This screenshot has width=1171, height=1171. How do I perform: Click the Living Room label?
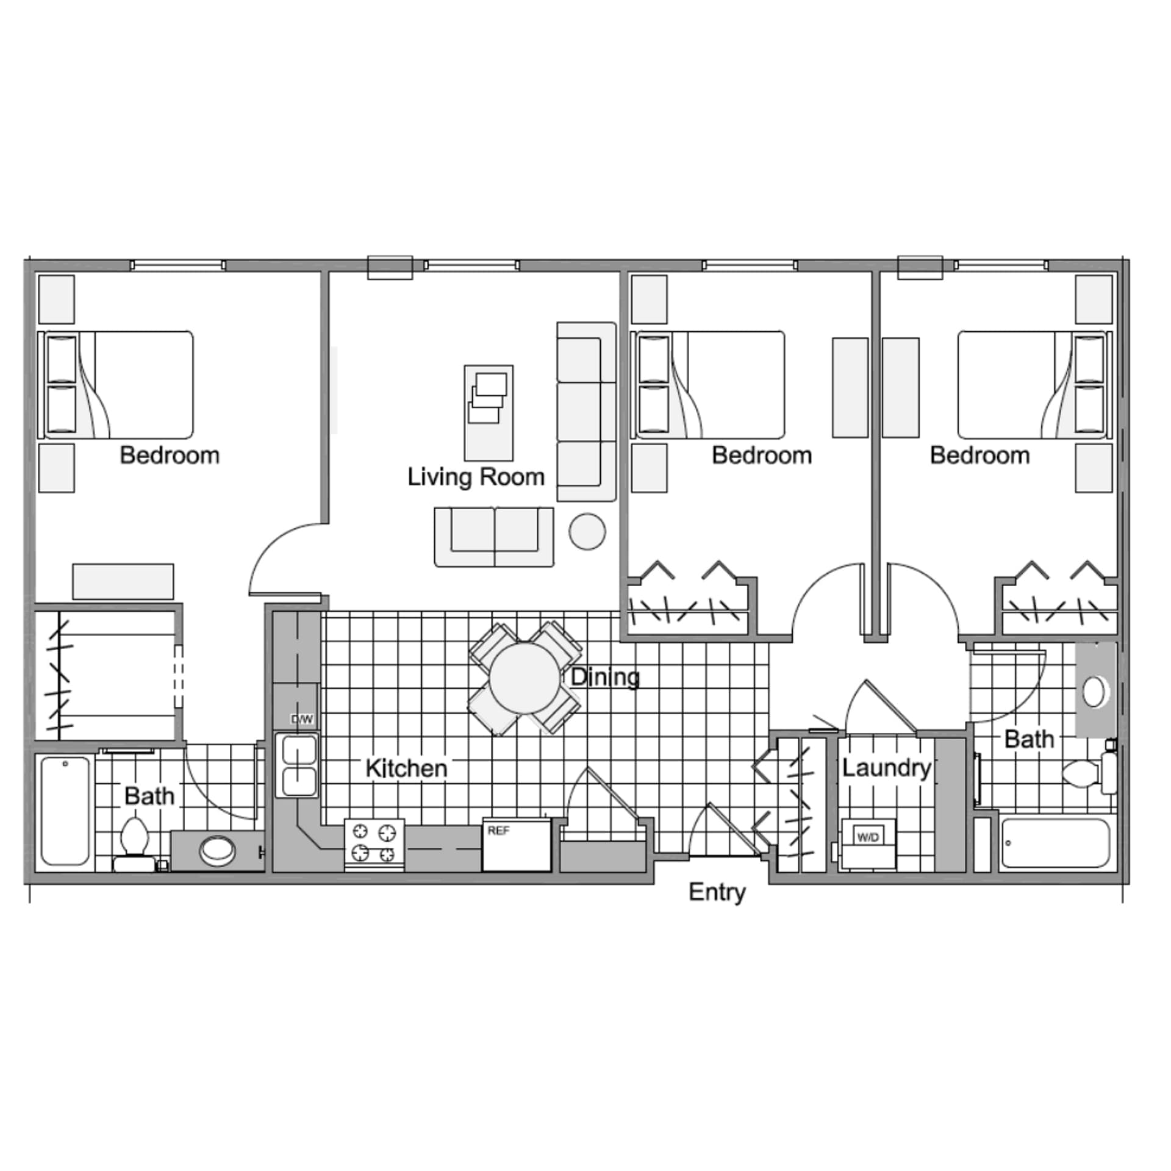pyautogui.click(x=476, y=477)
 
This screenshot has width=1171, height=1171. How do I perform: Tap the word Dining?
pyautogui.click(x=605, y=677)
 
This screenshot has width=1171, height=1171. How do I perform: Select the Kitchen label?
pyautogui.click(x=406, y=768)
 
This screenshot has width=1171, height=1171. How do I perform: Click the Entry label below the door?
pyautogui.click(x=717, y=892)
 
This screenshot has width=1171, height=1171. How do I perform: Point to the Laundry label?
pyautogui.click(x=886, y=768)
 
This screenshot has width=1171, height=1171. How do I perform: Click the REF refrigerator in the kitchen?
pyautogui.click(x=517, y=845)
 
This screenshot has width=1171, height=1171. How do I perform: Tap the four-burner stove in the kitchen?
pyautogui.click(x=374, y=843)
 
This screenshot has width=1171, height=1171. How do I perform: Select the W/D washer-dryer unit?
pyautogui.click(x=868, y=842)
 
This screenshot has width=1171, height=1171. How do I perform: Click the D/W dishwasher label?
pyautogui.click(x=302, y=720)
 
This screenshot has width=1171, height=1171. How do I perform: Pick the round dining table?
pyautogui.click(x=525, y=678)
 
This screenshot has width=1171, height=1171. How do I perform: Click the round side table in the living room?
pyautogui.click(x=587, y=531)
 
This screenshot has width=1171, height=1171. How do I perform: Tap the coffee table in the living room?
pyautogui.click(x=489, y=413)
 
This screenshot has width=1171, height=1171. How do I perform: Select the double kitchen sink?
pyautogui.click(x=296, y=765)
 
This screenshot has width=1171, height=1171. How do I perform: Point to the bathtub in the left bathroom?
pyautogui.click(x=65, y=811)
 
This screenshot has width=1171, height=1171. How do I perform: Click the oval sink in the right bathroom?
pyautogui.click(x=1095, y=692)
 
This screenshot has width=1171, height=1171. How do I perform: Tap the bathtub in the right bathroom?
pyautogui.click(x=1055, y=843)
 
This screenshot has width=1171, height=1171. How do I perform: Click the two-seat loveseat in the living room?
pyautogui.click(x=494, y=537)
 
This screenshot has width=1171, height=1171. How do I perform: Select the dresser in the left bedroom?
pyautogui.click(x=123, y=581)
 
